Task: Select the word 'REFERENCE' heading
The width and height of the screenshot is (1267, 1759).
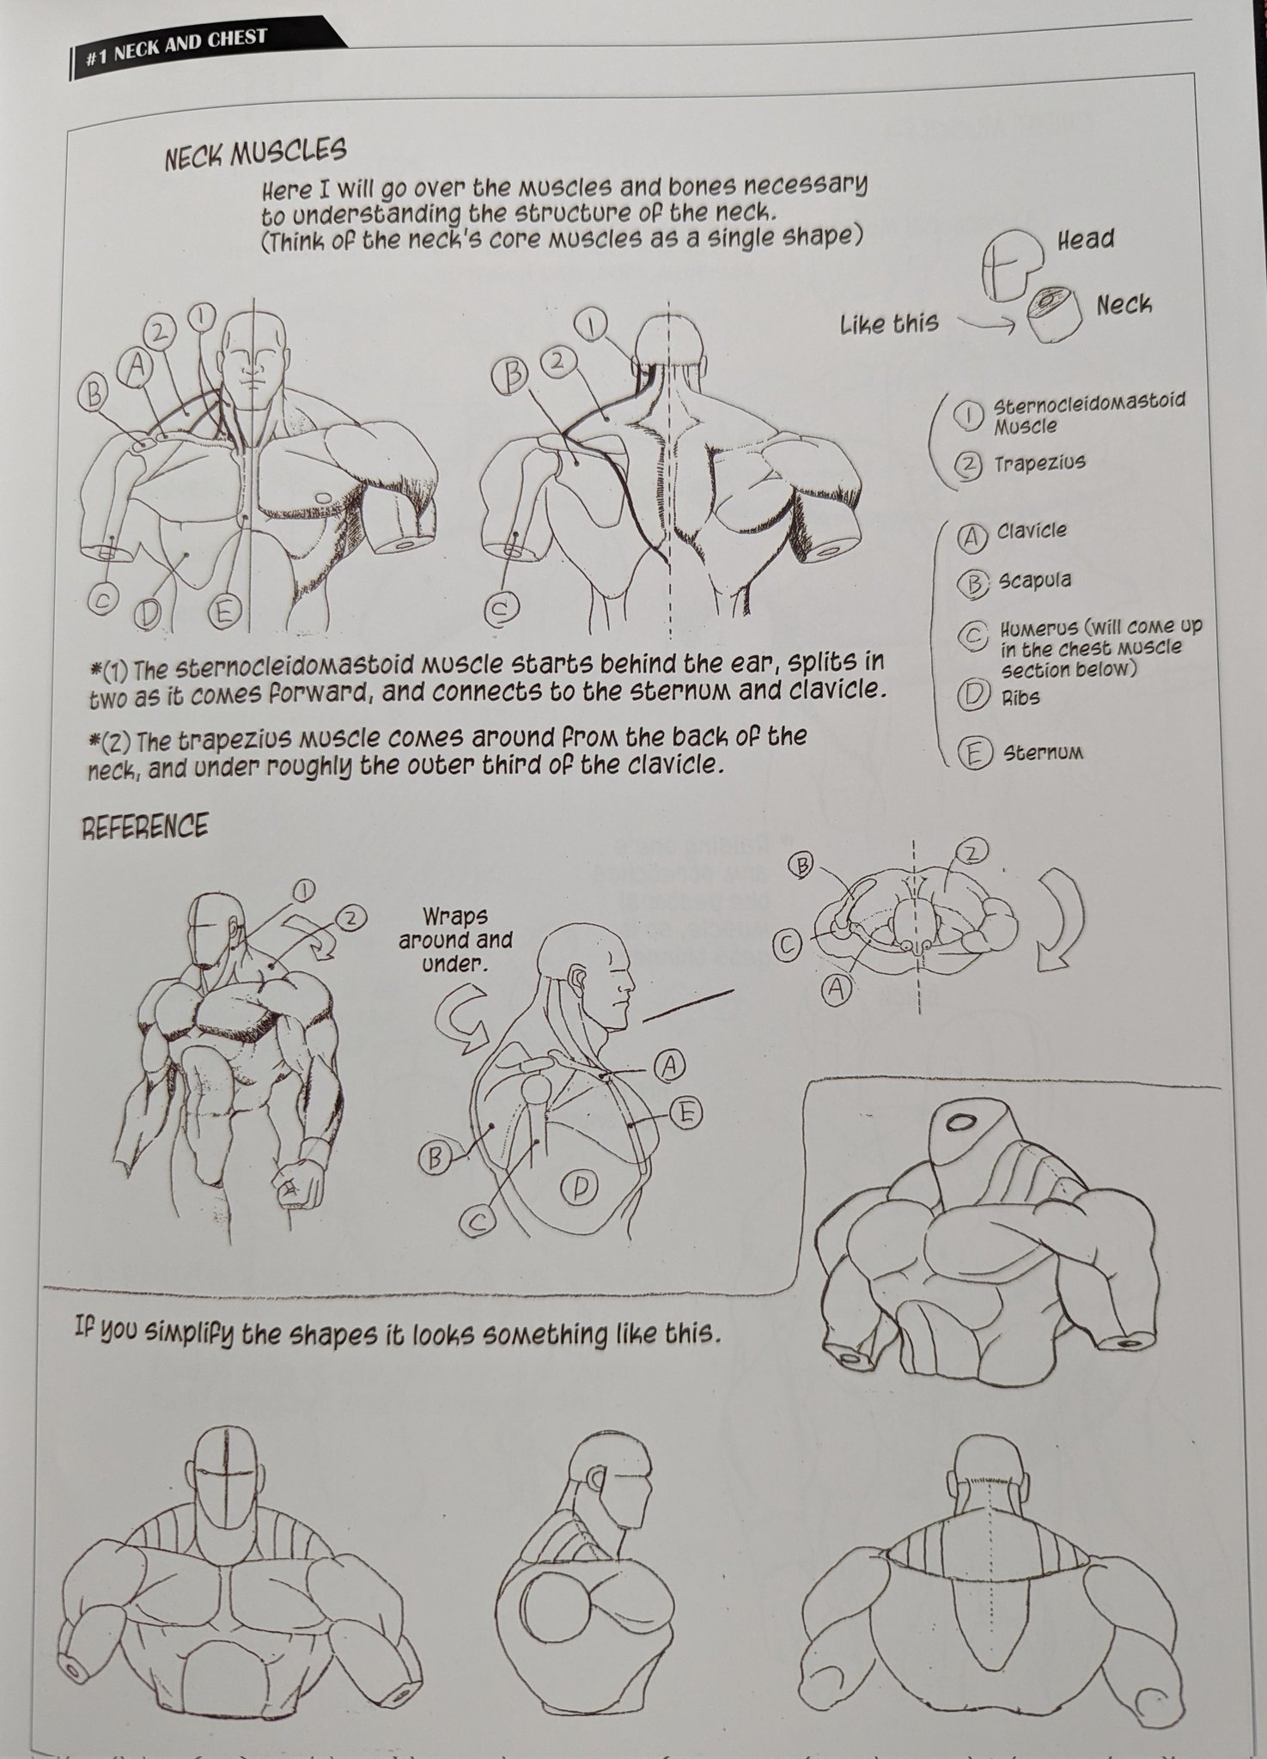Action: [x=144, y=826]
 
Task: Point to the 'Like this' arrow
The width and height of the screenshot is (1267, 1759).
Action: [x=986, y=324]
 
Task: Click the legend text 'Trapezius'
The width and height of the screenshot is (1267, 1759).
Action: [x=1040, y=464]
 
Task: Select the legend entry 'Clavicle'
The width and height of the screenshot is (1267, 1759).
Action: [x=1032, y=531]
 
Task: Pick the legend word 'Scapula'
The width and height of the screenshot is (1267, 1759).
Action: [x=1034, y=581]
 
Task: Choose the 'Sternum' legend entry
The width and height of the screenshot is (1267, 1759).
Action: [x=1042, y=753]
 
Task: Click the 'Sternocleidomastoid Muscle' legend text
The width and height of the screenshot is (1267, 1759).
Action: [x=1089, y=413]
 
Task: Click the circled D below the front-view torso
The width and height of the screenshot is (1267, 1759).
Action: [x=149, y=613]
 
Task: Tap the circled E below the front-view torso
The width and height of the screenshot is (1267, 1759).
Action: [x=223, y=612]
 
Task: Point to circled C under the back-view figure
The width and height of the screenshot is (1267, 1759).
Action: [x=500, y=611]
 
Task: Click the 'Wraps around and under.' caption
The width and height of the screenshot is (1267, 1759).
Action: [x=455, y=940]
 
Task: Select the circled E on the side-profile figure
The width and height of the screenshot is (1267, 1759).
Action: [x=685, y=1114]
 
